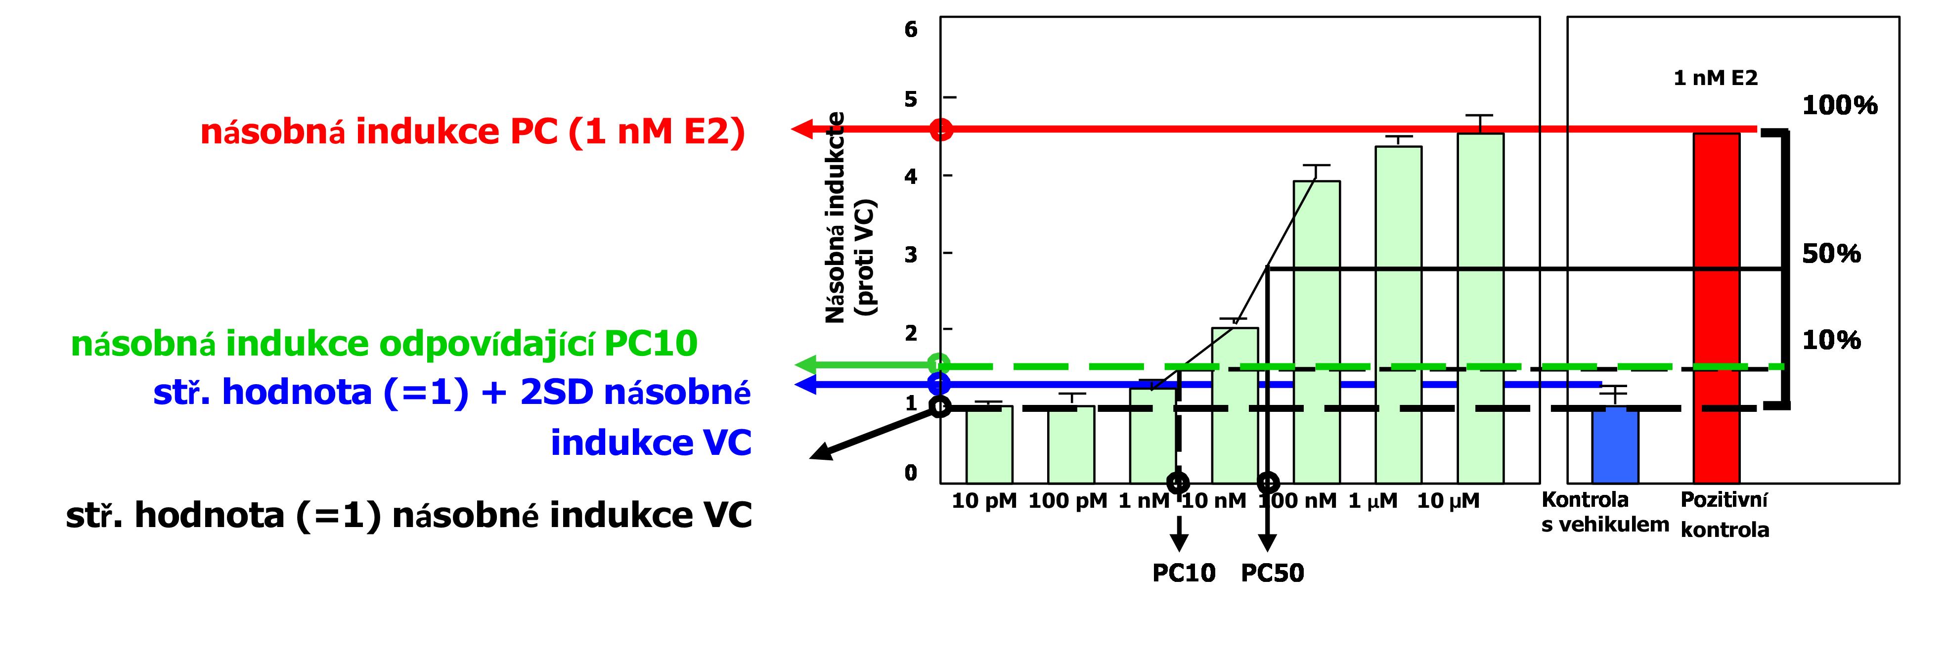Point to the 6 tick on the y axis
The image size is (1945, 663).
tap(911, 30)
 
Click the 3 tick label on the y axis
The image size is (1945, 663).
tap(911, 255)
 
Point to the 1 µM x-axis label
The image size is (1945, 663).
tap(1372, 501)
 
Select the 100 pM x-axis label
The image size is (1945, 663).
tap(1067, 501)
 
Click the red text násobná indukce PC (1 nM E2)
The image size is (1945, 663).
tap(473, 132)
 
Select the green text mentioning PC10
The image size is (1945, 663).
tap(384, 344)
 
